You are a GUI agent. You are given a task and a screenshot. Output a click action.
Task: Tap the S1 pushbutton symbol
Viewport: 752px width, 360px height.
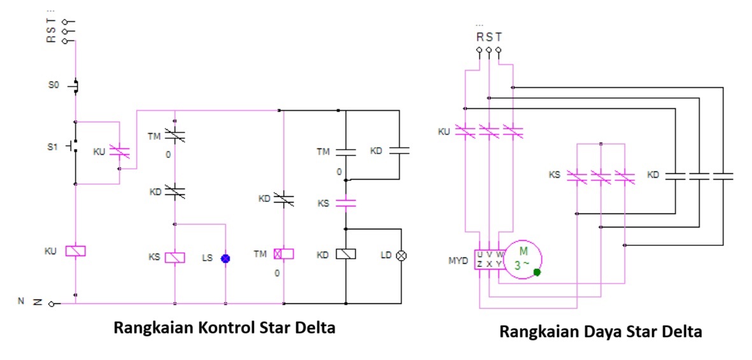coord(75,147)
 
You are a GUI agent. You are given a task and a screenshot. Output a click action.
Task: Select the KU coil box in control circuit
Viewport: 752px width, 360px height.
coord(76,251)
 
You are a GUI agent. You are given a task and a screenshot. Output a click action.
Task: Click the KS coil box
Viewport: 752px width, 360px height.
coord(175,257)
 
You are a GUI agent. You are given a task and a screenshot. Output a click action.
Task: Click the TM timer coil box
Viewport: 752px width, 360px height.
coord(283,254)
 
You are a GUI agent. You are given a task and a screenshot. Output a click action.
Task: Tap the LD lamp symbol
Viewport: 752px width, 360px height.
coord(402,255)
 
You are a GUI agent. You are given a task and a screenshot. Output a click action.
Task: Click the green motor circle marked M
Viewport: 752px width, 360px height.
coord(523,260)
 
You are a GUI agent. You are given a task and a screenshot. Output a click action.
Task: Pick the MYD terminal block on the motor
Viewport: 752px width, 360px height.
coord(489,259)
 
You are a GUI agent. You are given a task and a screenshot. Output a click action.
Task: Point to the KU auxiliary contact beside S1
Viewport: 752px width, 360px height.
coord(119,152)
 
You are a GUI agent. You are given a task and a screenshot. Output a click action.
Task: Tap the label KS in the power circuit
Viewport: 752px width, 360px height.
coord(555,174)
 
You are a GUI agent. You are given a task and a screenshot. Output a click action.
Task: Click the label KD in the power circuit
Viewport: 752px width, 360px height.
coord(653,174)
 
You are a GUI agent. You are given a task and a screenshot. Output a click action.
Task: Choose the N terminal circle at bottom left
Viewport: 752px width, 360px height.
coord(52,303)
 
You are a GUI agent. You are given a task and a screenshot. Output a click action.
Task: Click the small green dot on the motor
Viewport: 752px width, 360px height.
coord(537,272)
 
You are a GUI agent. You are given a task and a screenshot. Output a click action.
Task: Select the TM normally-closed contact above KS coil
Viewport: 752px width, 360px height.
coord(175,134)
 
